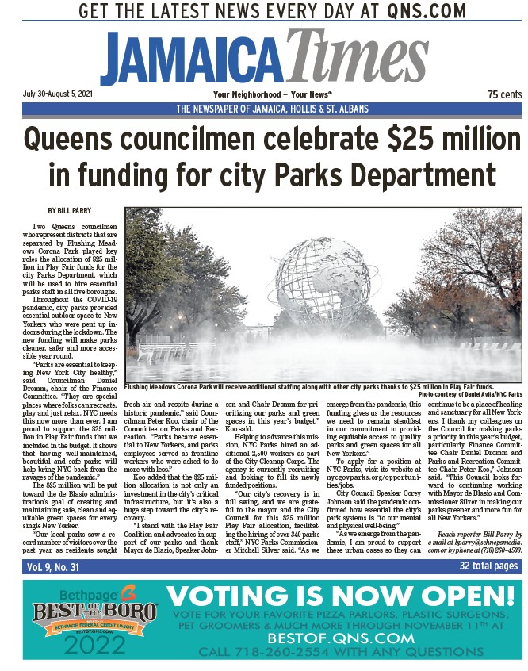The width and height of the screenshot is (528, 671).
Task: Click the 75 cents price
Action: (x=503, y=94)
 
